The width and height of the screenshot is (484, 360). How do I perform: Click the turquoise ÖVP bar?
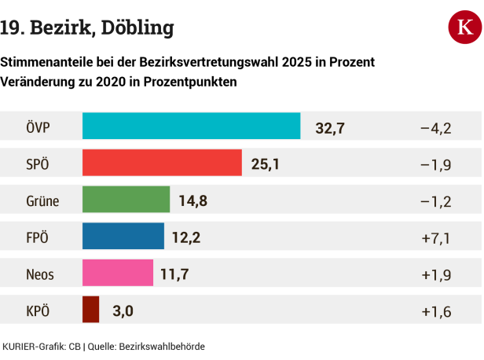coord(191,126)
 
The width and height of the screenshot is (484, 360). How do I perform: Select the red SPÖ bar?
coord(162,163)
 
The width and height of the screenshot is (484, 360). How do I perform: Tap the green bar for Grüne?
coord(126,200)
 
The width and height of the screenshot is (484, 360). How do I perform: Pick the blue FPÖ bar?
coord(123,236)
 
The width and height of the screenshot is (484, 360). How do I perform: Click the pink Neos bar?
coord(118,273)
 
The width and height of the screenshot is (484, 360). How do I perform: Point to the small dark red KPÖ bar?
coord(90,310)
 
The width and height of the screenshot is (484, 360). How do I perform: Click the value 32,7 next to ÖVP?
coord(331,127)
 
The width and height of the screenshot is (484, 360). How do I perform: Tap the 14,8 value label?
coord(193,200)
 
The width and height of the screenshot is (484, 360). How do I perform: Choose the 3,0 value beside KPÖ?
coord(123,311)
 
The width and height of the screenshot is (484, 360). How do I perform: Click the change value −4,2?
coord(435,127)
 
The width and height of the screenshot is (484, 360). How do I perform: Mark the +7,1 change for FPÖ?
coord(435,237)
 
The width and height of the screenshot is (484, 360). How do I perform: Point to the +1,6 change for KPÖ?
coord(435,311)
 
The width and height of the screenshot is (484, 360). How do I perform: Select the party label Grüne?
coord(42,201)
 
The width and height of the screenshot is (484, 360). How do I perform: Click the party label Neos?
coord(40,274)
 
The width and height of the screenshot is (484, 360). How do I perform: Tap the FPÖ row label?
coord(38,237)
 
